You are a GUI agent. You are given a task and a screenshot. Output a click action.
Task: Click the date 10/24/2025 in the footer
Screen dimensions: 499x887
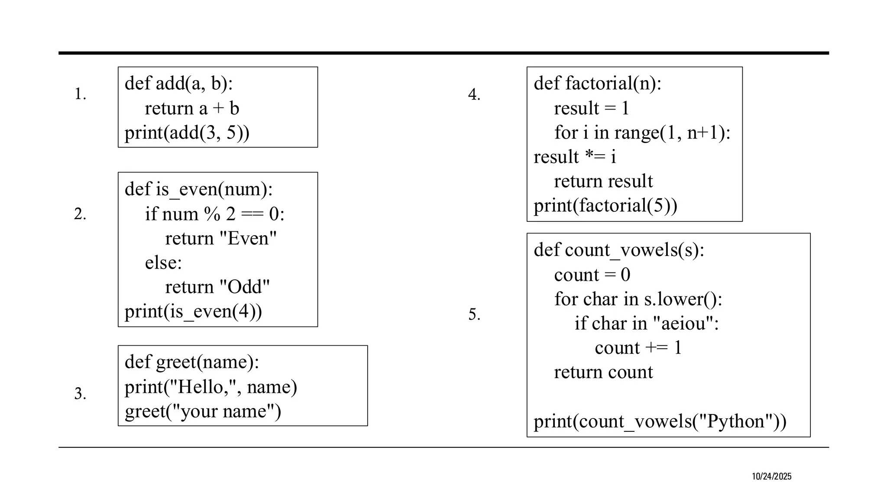pos(771,476)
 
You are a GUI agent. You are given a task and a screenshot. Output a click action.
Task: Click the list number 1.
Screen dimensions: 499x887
pos(80,94)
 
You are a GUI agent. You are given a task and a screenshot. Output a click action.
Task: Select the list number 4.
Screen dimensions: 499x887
pos(474,94)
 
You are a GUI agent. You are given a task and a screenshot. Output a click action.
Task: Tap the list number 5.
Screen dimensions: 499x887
pos(474,314)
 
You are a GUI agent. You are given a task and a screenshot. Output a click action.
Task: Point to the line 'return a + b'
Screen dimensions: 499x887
pos(192,108)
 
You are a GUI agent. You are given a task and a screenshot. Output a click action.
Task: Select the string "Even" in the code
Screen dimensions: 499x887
pos(248,238)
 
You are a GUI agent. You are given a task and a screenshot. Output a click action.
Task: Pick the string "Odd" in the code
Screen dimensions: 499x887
pos(245,287)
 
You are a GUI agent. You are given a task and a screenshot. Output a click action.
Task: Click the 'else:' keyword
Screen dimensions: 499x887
pos(163,262)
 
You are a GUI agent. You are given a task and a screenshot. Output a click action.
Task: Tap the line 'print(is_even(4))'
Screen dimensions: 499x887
pos(193,311)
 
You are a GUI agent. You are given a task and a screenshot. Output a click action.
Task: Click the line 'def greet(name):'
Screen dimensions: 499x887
pos(192,362)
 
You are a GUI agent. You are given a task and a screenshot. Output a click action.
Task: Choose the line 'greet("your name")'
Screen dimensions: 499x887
pos(203,411)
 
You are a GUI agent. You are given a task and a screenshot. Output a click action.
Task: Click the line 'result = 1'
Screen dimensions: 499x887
pos(591,108)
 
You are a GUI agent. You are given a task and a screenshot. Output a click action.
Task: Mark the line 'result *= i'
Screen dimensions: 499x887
pos(575,157)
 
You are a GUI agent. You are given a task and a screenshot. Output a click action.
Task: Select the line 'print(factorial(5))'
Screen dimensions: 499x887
pos(605,205)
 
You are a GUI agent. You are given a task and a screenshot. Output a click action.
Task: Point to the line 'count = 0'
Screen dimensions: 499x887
pos(592,275)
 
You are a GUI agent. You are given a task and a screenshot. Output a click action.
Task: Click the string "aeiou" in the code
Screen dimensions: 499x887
pos(683,323)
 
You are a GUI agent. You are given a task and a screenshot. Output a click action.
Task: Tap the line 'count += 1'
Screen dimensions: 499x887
pos(638,347)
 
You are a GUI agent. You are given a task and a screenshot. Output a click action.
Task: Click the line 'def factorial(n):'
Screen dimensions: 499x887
pos(597,83)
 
